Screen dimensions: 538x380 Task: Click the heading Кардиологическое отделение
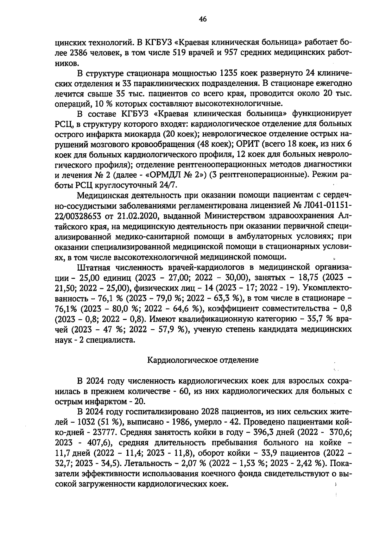point(203,360)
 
